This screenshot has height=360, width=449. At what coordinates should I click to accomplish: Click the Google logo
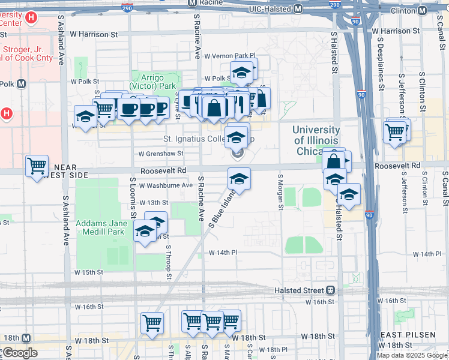point(19,353)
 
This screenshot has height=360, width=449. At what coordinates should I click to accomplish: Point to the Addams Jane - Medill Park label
point(100,227)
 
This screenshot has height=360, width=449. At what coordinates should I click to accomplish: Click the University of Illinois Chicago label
point(316,140)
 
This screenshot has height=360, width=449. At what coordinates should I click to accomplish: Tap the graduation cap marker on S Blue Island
point(239,179)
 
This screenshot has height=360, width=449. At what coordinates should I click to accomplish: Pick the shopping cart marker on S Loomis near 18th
point(152,322)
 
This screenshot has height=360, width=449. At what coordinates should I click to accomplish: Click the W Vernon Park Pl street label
point(230,56)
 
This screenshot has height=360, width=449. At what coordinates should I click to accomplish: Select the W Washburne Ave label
point(166,186)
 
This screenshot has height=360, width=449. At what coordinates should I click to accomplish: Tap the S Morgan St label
point(280,192)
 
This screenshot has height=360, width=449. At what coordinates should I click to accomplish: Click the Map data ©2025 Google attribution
point(412,355)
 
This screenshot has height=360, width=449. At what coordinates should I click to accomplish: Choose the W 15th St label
point(88,272)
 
